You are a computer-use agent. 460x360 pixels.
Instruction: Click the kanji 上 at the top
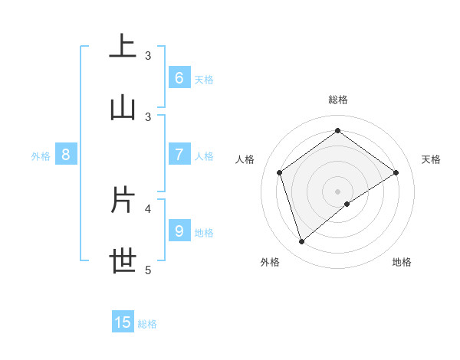pos(123,47)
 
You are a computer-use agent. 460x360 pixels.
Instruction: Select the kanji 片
pos(123,200)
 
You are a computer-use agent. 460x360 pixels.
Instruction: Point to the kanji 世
pos(123,261)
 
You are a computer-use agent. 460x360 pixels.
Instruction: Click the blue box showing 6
pos(179,78)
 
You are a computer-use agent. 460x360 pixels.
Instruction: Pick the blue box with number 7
pos(179,155)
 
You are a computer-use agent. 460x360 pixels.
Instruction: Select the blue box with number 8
pos(66,155)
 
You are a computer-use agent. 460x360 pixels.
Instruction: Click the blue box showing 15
pos(123,322)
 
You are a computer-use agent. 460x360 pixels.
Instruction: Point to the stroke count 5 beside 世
pos(148,270)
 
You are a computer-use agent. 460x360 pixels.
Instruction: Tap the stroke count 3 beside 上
pos(148,55)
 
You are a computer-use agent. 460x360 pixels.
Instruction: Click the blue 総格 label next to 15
pos(147,324)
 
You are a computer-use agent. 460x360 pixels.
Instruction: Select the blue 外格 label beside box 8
pos(41,156)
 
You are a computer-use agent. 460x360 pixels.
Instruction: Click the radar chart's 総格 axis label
pos(337,100)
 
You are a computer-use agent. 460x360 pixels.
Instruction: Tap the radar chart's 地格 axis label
pos(402,262)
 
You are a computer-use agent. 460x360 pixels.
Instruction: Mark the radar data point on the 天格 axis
pos(396,172)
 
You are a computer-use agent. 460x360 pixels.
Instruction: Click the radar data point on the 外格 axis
pos(301,242)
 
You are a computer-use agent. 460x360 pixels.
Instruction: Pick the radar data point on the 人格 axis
pos(280,172)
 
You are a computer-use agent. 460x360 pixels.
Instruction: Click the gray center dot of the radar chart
pos(337,191)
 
